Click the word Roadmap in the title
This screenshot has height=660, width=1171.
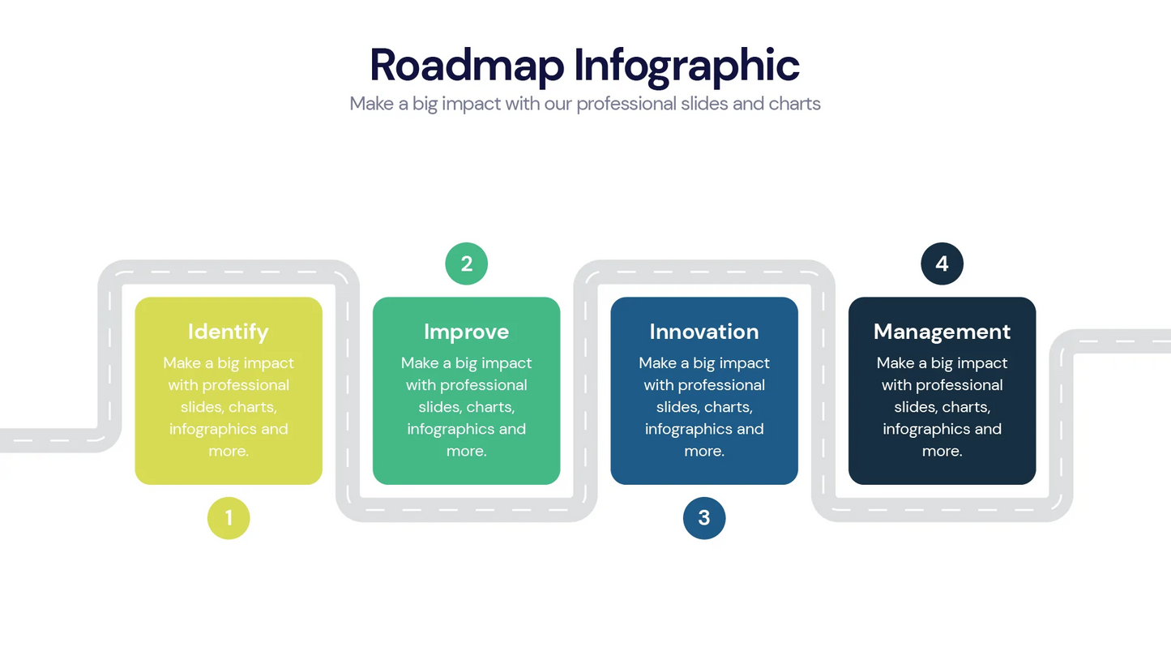(x=467, y=65)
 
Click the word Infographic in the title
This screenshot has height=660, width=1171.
(x=687, y=65)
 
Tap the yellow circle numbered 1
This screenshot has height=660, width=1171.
(x=229, y=518)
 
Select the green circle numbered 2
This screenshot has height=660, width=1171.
(x=467, y=264)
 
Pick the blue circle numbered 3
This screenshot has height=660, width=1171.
(x=704, y=518)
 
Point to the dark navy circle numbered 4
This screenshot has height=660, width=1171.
(x=942, y=264)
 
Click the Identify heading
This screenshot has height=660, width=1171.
(x=229, y=332)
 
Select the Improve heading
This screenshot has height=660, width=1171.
(x=467, y=332)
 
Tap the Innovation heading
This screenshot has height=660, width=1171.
(x=704, y=332)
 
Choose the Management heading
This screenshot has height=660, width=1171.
(x=942, y=332)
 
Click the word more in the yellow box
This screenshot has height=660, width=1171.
(x=226, y=452)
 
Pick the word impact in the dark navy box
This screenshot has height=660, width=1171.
(x=981, y=363)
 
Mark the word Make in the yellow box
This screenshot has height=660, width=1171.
(x=182, y=363)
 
